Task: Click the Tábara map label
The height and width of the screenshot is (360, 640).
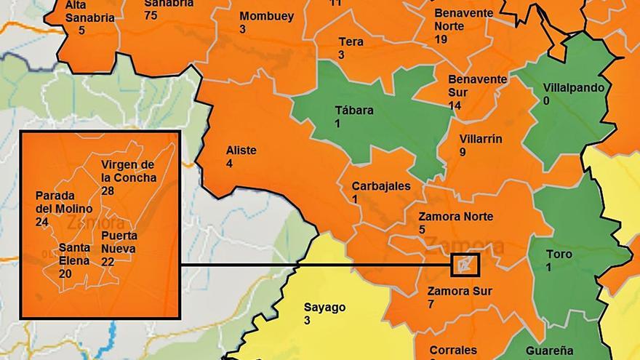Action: [x=354, y=111]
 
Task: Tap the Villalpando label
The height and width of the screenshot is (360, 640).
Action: [x=573, y=88]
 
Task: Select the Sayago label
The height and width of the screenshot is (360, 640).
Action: [x=324, y=307]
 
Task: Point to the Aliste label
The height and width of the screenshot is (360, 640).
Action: [x=241, y=151]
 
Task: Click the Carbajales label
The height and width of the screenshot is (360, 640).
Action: [x=380, y=186]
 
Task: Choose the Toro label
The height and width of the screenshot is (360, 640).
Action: [x=559, y=255]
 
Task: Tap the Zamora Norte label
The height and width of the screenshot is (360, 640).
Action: [x=455, y=217]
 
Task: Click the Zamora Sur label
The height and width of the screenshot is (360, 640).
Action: [x=460, y=291]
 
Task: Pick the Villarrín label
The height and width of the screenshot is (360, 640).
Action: [x=481, y=140]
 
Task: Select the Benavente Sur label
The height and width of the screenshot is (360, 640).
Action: [x=477, y=85]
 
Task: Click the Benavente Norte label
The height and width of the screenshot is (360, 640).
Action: [x=463, y=19]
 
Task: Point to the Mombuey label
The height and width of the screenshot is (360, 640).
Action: [x=266, y=16]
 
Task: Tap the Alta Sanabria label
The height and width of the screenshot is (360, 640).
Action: [x=89, y=12]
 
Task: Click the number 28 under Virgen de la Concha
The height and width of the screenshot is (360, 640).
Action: [x=108, y=191]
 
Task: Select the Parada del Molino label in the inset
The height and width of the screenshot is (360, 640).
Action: [x=63, y=203]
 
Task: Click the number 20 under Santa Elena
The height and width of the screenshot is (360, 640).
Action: [x=65, y=273]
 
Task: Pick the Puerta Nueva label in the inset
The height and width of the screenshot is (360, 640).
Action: [x=119, y=243]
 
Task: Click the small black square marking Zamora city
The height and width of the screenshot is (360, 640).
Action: [x=465, y=265]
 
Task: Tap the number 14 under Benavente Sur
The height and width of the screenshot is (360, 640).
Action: [x=455, y=105]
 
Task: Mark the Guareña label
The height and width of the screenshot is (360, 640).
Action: [x=549, y=351]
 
